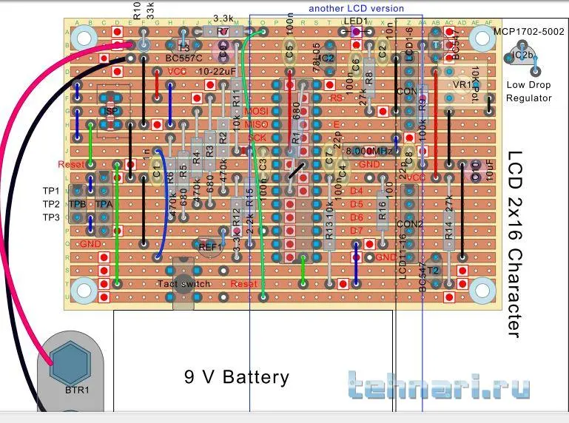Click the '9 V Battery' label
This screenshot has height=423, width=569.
pos(236,377)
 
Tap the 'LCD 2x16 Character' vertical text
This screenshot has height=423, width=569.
pos(515,244)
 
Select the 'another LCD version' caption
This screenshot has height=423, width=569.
pos(356,8)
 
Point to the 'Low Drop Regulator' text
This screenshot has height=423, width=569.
pos(529,92)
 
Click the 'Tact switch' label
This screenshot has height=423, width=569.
pos(184,284)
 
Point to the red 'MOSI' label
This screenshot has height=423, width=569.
pos(255,111)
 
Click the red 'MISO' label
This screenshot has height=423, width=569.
pos(255,124)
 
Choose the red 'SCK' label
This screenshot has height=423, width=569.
pos(256,138)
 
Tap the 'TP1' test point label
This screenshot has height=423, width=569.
pos(50,190)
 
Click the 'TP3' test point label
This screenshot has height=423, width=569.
pos(50,217)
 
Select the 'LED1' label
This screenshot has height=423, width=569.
pos(355,21)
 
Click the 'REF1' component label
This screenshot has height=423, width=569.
pos(210,246)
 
